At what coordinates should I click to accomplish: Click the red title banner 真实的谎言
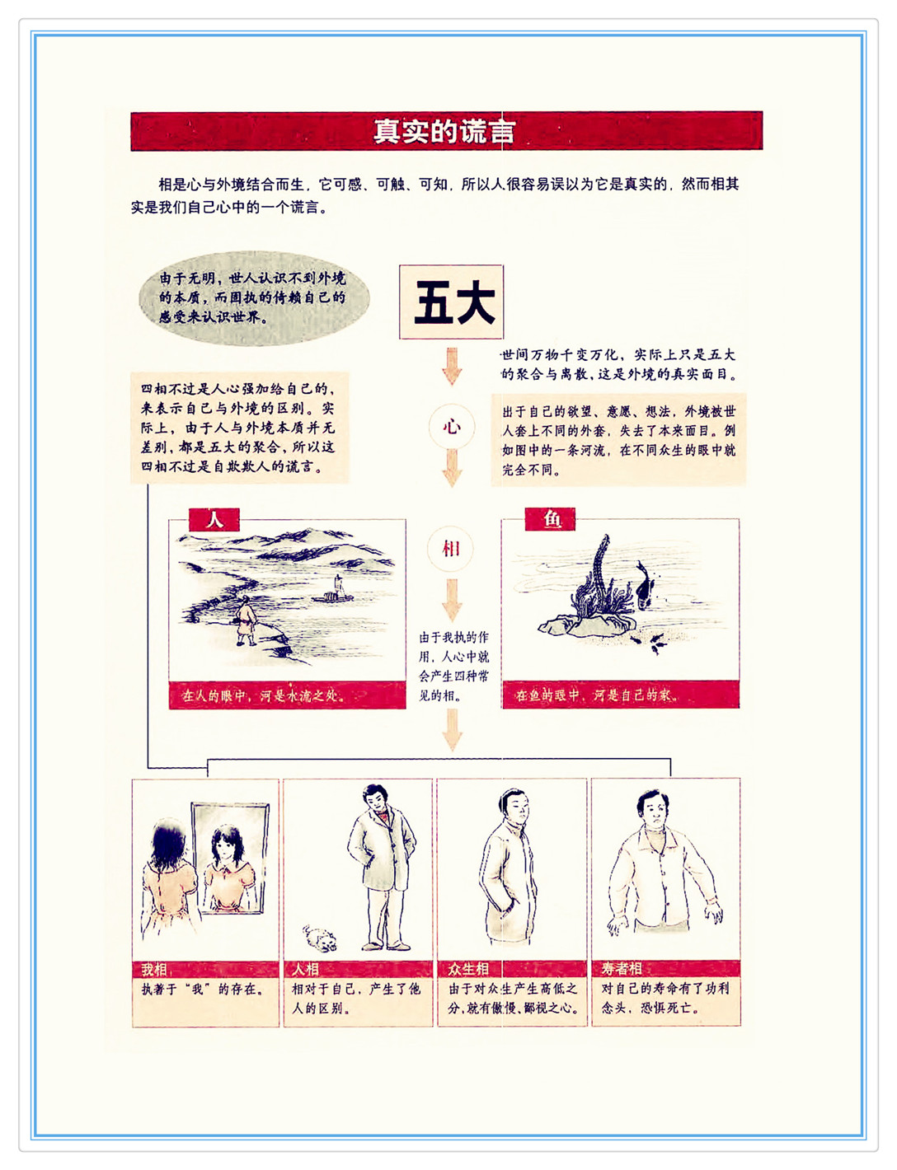coord(447,131)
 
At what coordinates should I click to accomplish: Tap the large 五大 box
coord(452,302)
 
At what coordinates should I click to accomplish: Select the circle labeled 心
coord(452,427)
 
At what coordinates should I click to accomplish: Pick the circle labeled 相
coord(451,549)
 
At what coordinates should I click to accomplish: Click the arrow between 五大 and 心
coord(452,366)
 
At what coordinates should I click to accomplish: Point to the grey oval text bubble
coord(254,297)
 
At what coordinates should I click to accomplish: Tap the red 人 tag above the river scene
coord(214,520)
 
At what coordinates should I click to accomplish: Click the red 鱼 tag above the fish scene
coord(551,519)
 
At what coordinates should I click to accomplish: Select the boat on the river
coord(333,591)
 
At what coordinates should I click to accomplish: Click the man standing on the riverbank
coord(246,621)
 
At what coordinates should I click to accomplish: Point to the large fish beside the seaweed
coord(645,584)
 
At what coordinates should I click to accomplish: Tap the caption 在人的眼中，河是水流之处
coord(264,696)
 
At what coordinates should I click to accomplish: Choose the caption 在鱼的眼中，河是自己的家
coord(596,695)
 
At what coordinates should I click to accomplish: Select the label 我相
coord(154,969)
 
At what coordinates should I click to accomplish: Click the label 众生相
coord(468,969)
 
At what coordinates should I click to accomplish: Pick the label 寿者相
coord(621,969)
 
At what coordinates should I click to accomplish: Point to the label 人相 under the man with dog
coord(305,969)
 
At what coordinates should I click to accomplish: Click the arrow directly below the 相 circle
coord(452,600)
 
